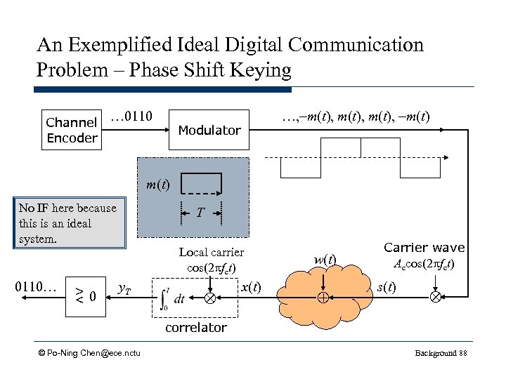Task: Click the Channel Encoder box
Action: point(71,131)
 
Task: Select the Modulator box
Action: point(209,130)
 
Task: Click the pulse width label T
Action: point(201,212)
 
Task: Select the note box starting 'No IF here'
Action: point(68,222)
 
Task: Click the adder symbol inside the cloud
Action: point(323,297)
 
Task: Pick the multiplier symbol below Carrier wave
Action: point(435,297)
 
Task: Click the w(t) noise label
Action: point(324,260)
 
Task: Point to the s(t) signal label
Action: point(386,288)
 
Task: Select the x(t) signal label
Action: point(250,288)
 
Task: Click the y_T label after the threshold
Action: point(124,288)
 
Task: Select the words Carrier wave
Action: point(424,247)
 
